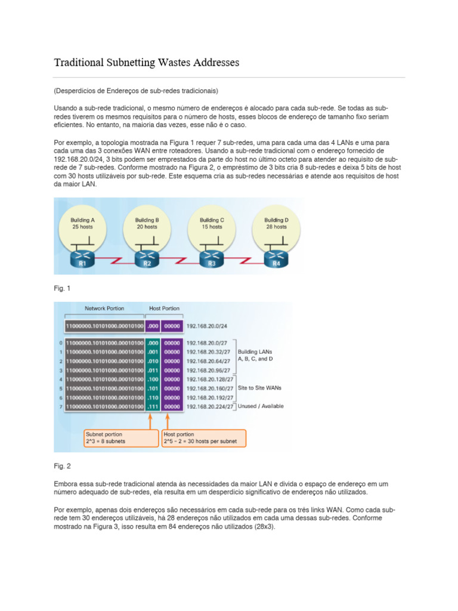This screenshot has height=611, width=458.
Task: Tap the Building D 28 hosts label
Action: (277, 223)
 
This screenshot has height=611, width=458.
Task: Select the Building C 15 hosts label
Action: (212, 223)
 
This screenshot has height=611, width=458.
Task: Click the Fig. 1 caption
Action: (62, 288)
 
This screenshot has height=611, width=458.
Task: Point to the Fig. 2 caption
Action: (62, 466)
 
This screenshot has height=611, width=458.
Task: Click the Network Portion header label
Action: (104, 308)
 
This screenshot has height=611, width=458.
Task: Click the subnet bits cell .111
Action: (153, 406)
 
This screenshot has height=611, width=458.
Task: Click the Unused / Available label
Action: (261, 406)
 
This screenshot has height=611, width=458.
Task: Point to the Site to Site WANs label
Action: (260, 388)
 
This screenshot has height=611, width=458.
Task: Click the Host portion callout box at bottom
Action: (203, 438)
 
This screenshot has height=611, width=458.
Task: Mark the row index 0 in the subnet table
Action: (61, 343)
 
